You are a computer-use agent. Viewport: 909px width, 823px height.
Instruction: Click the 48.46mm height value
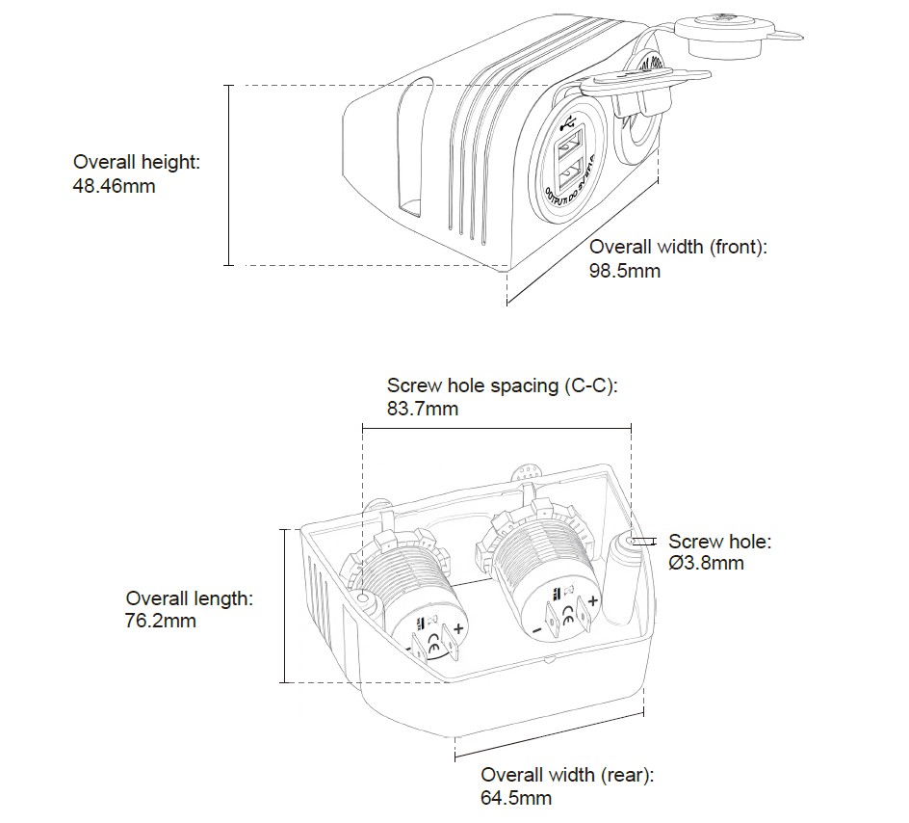coord(114,186)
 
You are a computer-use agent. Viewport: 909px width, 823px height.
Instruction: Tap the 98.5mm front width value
coord(624,271)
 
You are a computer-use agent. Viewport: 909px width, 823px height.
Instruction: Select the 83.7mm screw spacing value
coord(422,409)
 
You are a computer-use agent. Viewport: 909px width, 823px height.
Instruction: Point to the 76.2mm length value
coord(161,622)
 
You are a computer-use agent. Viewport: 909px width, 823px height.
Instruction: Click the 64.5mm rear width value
coord(516,798)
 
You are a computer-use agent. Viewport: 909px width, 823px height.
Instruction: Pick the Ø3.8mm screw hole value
coord(707,563)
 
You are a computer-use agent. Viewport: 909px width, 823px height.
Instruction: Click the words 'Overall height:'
coord(137,163)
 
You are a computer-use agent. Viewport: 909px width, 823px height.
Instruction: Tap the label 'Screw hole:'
coord(719,542)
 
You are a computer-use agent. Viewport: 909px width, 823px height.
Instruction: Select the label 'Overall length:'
coord(190,598)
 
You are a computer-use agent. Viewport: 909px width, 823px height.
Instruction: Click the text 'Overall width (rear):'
coord(567,775)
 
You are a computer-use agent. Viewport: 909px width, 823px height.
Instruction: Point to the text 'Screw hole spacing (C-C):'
coord(502,385)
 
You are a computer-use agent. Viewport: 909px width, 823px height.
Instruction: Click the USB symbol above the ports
coord(567,125)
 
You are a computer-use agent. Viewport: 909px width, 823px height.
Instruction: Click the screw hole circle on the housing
coord(636,542)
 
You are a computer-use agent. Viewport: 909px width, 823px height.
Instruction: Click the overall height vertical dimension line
coord(229,174)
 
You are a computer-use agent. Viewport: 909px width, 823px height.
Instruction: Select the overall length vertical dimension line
coord(286,605)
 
